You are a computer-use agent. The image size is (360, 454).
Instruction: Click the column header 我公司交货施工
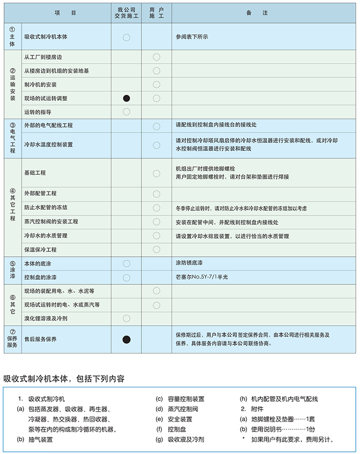pyautogui.click(x=126, y=13)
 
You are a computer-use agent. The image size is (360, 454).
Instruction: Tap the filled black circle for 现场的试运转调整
pyautogui.click(x=126, y=98)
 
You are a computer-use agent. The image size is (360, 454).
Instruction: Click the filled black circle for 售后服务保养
pyautogui.click(x=126, y=340)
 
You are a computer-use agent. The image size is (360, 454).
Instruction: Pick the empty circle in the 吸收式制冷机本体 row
pyautogui.click(x=126, y=38)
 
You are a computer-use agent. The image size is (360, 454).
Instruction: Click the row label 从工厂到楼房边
pyautogui.click(x=46, y=56)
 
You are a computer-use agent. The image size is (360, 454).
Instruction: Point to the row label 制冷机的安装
pyautogui.click(x=40, y=85)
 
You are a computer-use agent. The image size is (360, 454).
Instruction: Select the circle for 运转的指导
pyautogui.click(x=126, y=112)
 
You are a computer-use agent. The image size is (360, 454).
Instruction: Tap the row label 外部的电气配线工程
pyautogui.click(x=49, y=126)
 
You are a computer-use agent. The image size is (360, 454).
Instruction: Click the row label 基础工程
pyautogui.click(x=35, y=173)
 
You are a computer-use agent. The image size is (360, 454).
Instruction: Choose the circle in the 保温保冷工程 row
pyautogui.click(x=157, y=249)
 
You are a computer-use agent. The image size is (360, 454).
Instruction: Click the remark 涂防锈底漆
pyautogui.click(x=190, y=264)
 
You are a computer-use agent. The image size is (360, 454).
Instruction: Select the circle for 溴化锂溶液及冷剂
pyautogui.click(x=126, y=318)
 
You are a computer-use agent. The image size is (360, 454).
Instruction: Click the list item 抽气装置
pyautogui.click(x=41, y=439)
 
